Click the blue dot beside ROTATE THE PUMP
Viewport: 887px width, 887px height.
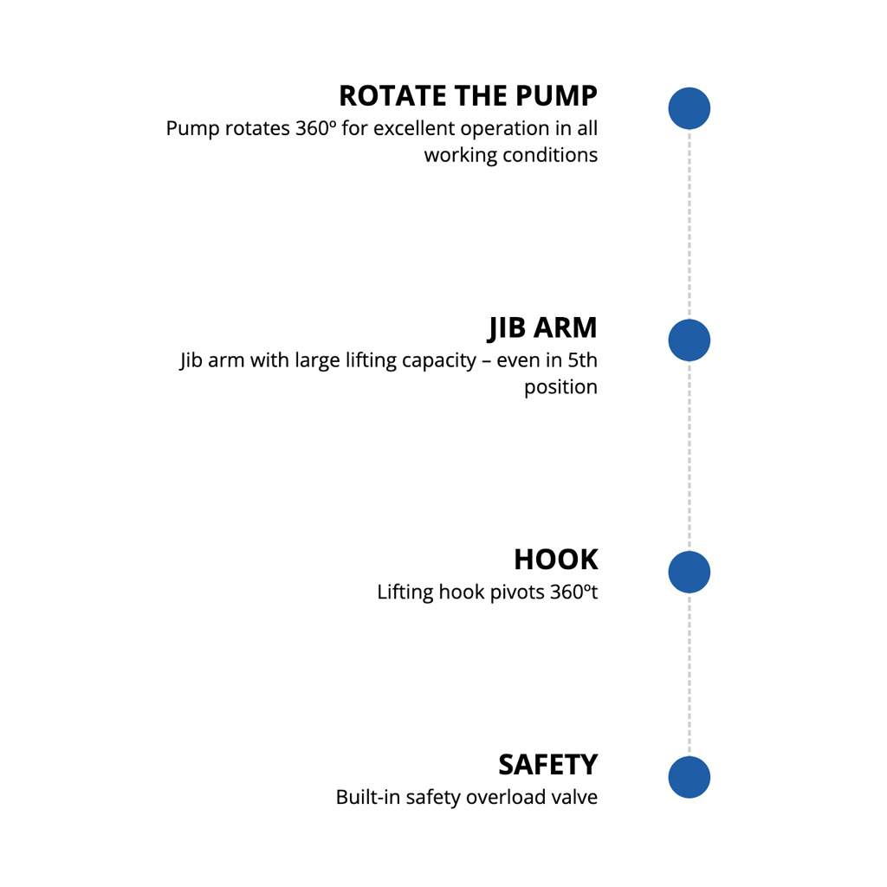(x=689, y=108)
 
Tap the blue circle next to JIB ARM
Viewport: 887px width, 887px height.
(x=689, y=340)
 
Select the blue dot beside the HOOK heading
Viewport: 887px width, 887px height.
(x=689, y=572)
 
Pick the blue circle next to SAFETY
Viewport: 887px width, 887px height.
(x=689, y=777)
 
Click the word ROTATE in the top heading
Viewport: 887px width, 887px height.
(x=393, y=95)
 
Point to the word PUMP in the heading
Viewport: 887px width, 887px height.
(x=557, y=95)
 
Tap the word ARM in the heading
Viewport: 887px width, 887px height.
(x=566, y=327)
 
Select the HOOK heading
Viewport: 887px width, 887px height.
(x=556, y=560)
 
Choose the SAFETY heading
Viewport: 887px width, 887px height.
(x=548, y=765)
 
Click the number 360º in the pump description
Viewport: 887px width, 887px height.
(x=315, y=128)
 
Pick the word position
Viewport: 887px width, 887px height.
(x=560, y=388)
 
